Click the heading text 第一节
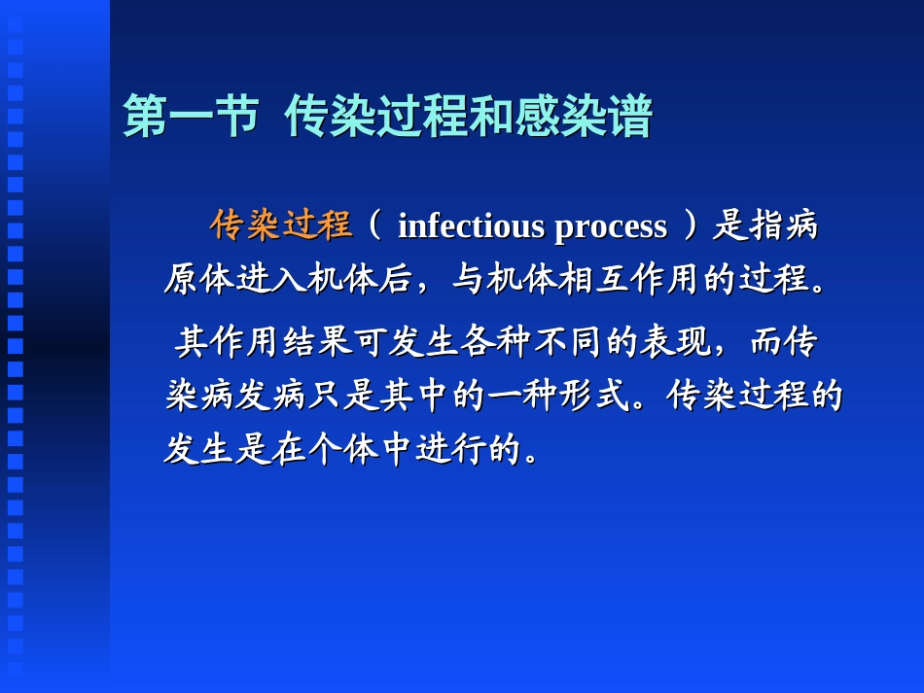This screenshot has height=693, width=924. click(x=191, y=118)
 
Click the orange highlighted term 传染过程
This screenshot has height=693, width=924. click(x=281, y=225)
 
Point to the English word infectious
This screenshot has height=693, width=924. click(x=471, y=226)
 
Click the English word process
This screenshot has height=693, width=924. click(x=611, y=226)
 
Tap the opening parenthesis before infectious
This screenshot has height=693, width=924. click(x=374, y=226)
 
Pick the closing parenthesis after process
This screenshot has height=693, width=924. click(x=691, y=226)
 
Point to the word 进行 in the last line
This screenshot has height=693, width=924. click(x=451, y=450)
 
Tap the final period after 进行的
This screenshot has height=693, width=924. click(x=531, y=455)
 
